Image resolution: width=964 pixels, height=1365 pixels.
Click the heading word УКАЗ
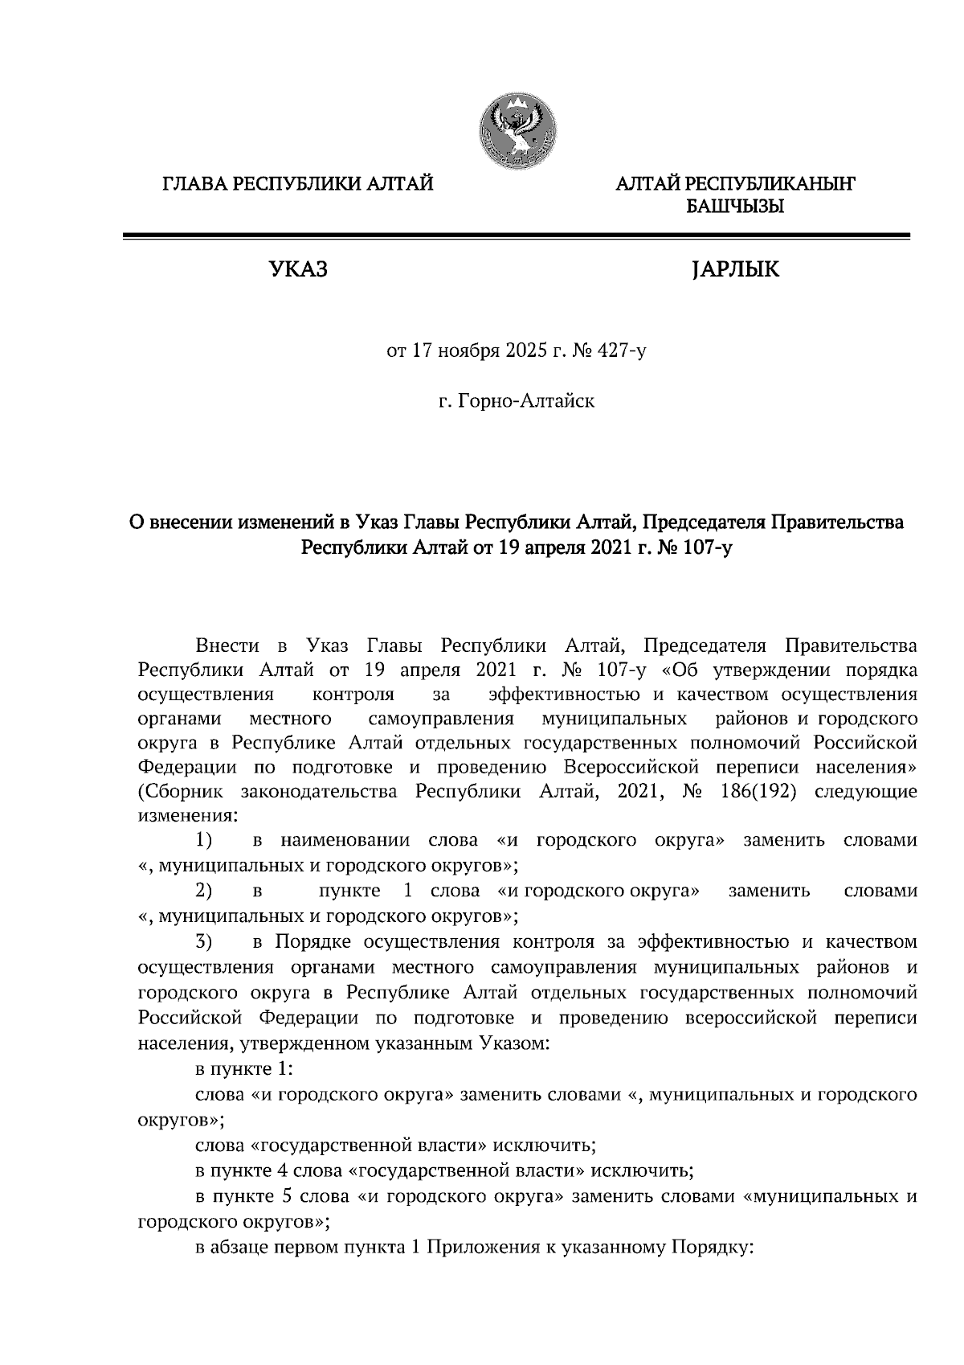[298, 270]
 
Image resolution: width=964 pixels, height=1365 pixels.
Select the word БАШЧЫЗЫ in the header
[734, 207]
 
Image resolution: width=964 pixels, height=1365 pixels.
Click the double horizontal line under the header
[516, 236]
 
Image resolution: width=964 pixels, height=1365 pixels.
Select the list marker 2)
[203, 891]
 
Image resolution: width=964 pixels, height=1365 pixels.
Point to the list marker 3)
[203, 941]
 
